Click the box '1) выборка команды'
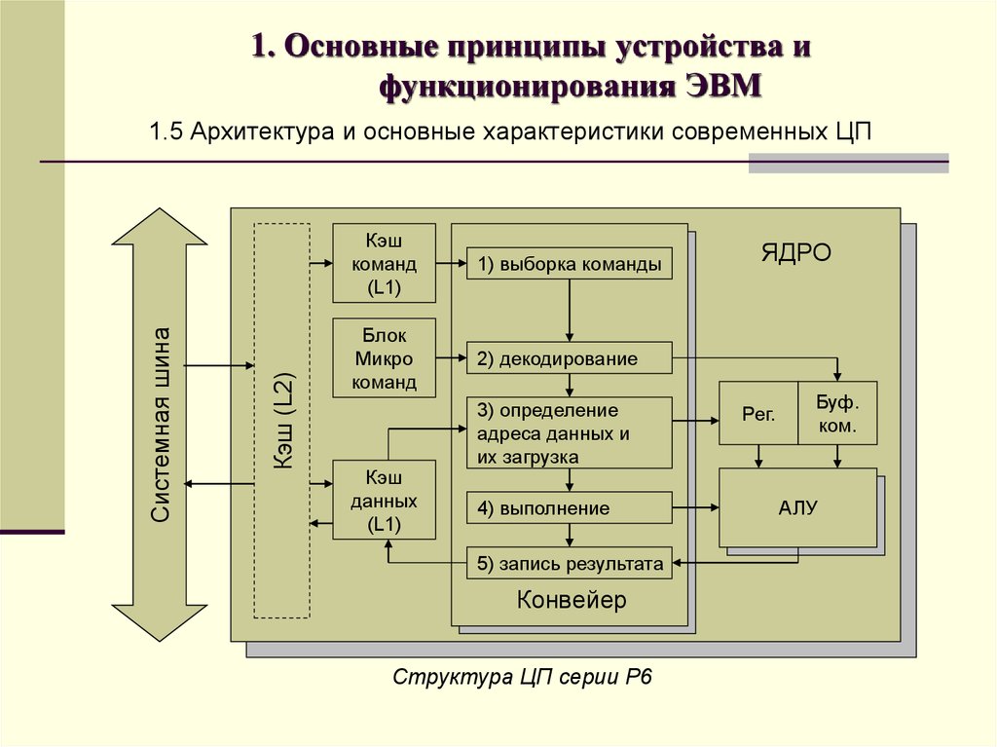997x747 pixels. click(x=569, y=263)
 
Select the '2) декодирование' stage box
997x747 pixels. click(x=569, y=358)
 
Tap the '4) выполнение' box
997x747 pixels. click(x=569, y=507)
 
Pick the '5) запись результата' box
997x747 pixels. click(x=569, y=563)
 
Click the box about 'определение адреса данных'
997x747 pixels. click(x=569, y=433)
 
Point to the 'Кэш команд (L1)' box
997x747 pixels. click(x=384, y=263)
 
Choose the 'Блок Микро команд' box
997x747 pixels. click(x=384, y=358)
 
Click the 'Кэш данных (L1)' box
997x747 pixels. click(x=384, y=501)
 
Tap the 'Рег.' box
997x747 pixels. click(x=758, y=414)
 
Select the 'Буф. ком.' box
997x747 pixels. click(x=837, y=414)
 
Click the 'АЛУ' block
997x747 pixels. click(x=798, y=507)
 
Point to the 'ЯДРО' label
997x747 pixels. click(x=796, y=252)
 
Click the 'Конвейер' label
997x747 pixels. click(x=571, y=599)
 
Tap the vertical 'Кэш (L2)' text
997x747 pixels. click(x=283, y=421)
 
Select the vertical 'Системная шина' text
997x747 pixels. click(x=161, y=425)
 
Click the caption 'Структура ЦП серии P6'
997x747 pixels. click(x=522, y=676)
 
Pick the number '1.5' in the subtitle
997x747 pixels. click(x=166, y=131)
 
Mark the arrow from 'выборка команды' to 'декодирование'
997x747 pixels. click(x=569, y=311)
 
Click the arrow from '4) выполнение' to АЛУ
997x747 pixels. click(x=695, y=507)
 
